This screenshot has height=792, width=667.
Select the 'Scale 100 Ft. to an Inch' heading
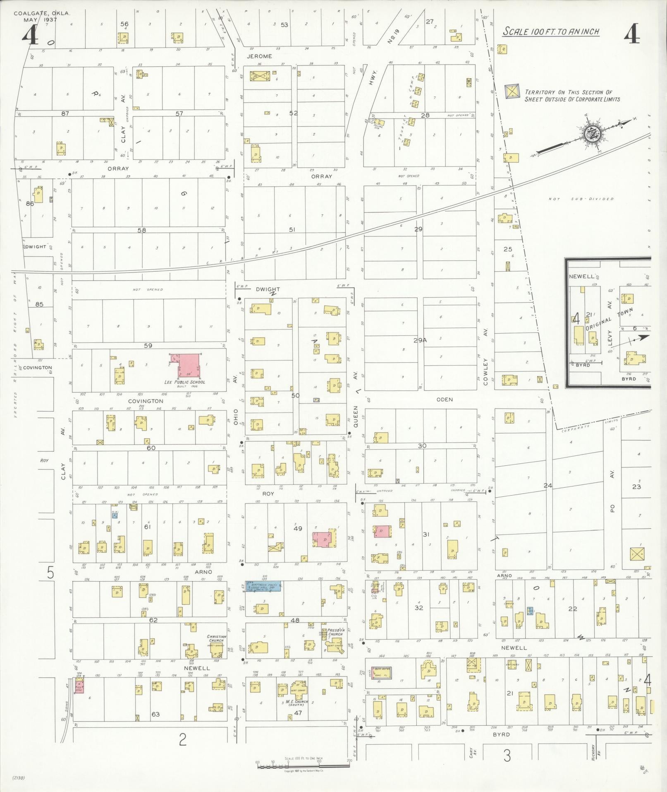point(551,32)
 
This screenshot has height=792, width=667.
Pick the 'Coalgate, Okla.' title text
point(42,13)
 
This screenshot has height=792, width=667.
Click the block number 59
point(148,345)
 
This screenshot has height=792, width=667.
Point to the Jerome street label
point(259,56)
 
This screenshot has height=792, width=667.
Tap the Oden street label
point(445,400)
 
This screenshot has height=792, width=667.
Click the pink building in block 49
point(325,539)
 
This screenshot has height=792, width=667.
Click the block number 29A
point(420,340)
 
